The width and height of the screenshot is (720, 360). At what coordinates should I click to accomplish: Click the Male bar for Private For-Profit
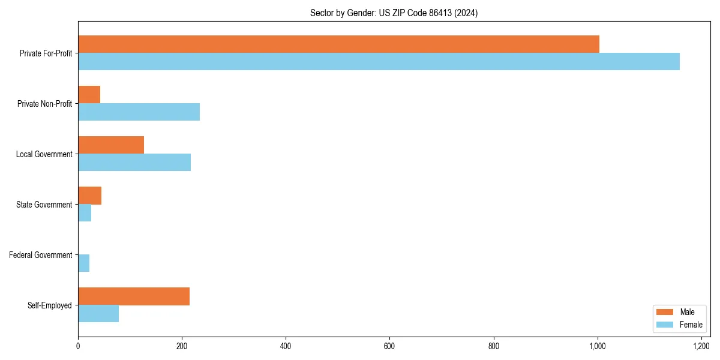[x=338, y=44]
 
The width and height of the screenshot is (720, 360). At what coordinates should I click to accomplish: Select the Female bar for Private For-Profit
[x=379, y=61]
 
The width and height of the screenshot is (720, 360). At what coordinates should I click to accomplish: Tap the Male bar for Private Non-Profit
[x=89, y=94]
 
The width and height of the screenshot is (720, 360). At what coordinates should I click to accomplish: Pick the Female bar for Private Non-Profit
[x=139, y=112]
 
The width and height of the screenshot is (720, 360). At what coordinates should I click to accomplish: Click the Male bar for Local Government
[x=111, y=145]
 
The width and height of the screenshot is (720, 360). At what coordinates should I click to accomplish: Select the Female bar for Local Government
[x=134, y=163]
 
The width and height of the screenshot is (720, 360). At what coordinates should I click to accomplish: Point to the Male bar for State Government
[x=89, y=196]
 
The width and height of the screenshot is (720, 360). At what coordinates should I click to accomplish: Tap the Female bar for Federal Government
[x=83, y=263]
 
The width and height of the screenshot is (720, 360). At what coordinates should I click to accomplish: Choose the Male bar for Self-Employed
[x=134, y=296]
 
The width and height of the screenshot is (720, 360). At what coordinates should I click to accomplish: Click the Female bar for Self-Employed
[x=98, y=314]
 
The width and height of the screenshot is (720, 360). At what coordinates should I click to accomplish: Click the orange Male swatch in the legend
[x=665, y=312]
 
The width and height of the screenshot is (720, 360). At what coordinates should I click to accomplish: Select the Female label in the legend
[x=691, y=325]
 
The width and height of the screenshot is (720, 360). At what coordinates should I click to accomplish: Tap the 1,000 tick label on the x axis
[x=598, y=346]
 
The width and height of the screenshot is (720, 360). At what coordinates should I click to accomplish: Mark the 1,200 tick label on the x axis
[x=701, y=346]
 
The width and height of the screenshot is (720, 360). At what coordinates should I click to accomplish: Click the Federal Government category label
[x=41, y=255]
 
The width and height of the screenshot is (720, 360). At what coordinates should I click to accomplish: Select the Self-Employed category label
[x=50, y=305]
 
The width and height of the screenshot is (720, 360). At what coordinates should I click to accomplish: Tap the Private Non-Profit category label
[x=44, y=104]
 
